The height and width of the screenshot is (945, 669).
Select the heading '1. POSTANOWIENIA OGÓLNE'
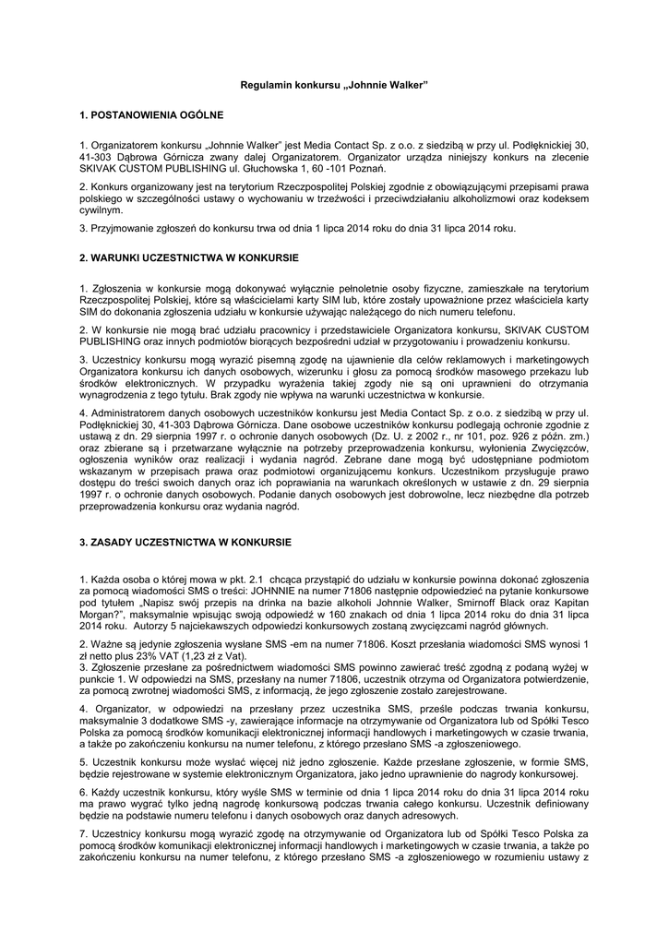[151, 115]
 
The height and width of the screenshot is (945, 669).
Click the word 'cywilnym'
[102, 209]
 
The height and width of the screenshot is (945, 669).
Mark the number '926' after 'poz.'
[528, 435]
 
